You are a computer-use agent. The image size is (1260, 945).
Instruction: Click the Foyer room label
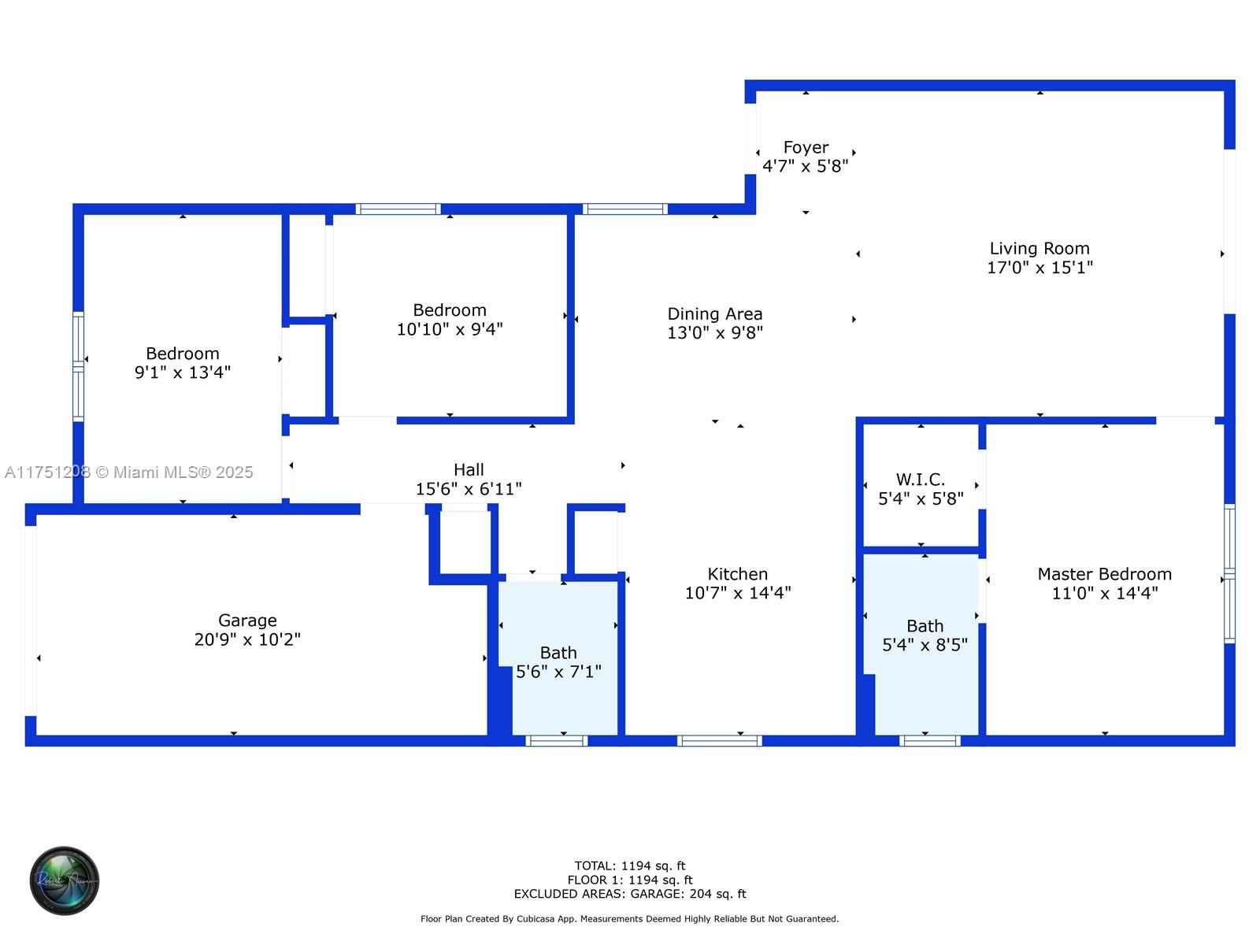pos(805,147)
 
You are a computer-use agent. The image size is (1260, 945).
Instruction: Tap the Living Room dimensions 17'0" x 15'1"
pos(1039,268)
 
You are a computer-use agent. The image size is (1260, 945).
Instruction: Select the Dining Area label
pos(715,314)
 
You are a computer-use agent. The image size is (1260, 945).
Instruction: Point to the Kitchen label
pos(737,574)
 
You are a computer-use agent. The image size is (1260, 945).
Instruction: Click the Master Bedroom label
pos(1104,574)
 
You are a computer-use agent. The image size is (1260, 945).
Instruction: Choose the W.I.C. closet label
pos(920,479)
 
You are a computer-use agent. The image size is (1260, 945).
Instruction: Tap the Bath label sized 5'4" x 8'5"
pos(925,625)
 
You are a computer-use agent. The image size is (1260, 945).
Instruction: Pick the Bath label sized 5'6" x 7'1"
pos(558,652)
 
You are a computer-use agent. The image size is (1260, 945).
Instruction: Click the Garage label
pos(247,621)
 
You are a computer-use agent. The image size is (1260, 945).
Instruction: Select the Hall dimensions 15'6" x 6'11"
pos(469,489)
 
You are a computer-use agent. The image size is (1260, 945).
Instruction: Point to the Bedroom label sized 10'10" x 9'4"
pos(450,309)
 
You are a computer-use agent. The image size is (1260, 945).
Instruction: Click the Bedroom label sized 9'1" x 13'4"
pos(183,353)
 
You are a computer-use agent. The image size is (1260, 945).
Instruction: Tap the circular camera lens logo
pos(65,880)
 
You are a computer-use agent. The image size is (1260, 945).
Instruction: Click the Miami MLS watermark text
pos(128,472)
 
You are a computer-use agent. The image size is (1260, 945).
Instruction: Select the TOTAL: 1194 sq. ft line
pos(630,865)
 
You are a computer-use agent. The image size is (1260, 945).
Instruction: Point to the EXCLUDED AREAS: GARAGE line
pos(630,893)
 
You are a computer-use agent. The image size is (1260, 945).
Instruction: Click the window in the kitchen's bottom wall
pos(719,740)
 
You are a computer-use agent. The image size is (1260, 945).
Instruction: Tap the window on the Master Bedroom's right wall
pos(1229,573)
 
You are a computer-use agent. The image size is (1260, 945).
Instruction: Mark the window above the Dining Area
pos(624,209)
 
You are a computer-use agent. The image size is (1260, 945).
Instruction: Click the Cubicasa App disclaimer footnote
pos(629,918)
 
